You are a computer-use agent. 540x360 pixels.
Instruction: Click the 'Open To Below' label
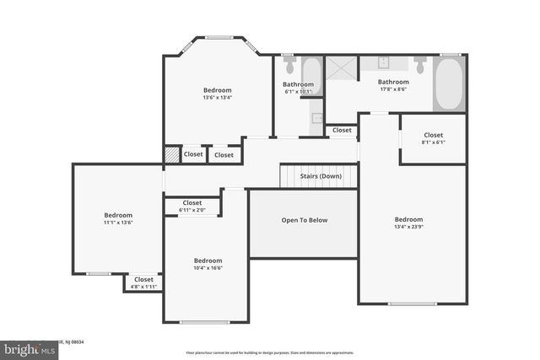point(304,220)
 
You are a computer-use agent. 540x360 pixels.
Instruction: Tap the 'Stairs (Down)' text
point(320,176)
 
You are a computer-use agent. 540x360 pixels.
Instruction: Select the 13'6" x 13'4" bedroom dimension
point(217,98)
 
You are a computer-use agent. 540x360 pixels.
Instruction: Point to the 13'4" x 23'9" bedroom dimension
point(413,226)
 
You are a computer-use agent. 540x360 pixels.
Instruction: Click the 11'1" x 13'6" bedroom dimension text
point(118,223)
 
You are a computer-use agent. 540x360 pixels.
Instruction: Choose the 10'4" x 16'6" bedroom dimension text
point(208,268)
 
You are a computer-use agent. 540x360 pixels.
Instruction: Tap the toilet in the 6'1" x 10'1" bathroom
point(289,65)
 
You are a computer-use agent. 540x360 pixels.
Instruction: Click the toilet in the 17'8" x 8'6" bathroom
point(419,65)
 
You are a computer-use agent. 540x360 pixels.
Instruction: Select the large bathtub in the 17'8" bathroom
point(449,83)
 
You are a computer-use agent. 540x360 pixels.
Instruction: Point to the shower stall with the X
point(343,68)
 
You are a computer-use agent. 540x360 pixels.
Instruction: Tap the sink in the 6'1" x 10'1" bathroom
point(317,118)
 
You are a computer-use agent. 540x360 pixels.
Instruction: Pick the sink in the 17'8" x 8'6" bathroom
point(383,63)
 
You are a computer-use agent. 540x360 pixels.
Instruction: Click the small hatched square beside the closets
point(172,155)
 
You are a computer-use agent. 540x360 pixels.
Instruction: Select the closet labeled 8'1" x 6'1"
point(433,138)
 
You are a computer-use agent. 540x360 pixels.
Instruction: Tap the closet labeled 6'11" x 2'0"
point(192,207)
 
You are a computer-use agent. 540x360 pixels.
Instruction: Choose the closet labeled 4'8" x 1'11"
point(143,282)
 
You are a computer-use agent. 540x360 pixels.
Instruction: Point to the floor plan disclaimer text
point(269,352)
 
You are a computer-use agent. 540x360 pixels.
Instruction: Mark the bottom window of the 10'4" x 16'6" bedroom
point(205,322)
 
